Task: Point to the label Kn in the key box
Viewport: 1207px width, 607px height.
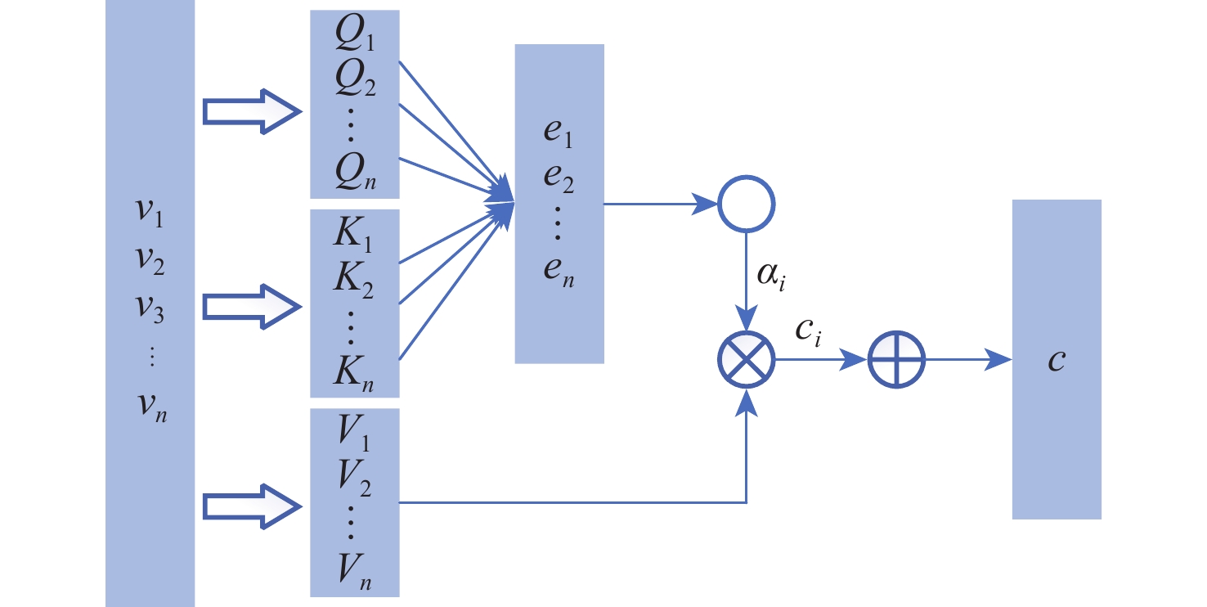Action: tap(355, 371)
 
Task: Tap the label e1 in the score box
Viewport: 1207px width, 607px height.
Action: tap(559, 139)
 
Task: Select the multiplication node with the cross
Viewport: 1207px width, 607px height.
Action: tap(746, 359)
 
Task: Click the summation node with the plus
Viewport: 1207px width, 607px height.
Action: tap(895, 359)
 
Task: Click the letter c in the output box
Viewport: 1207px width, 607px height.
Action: tap(1057, 360)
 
